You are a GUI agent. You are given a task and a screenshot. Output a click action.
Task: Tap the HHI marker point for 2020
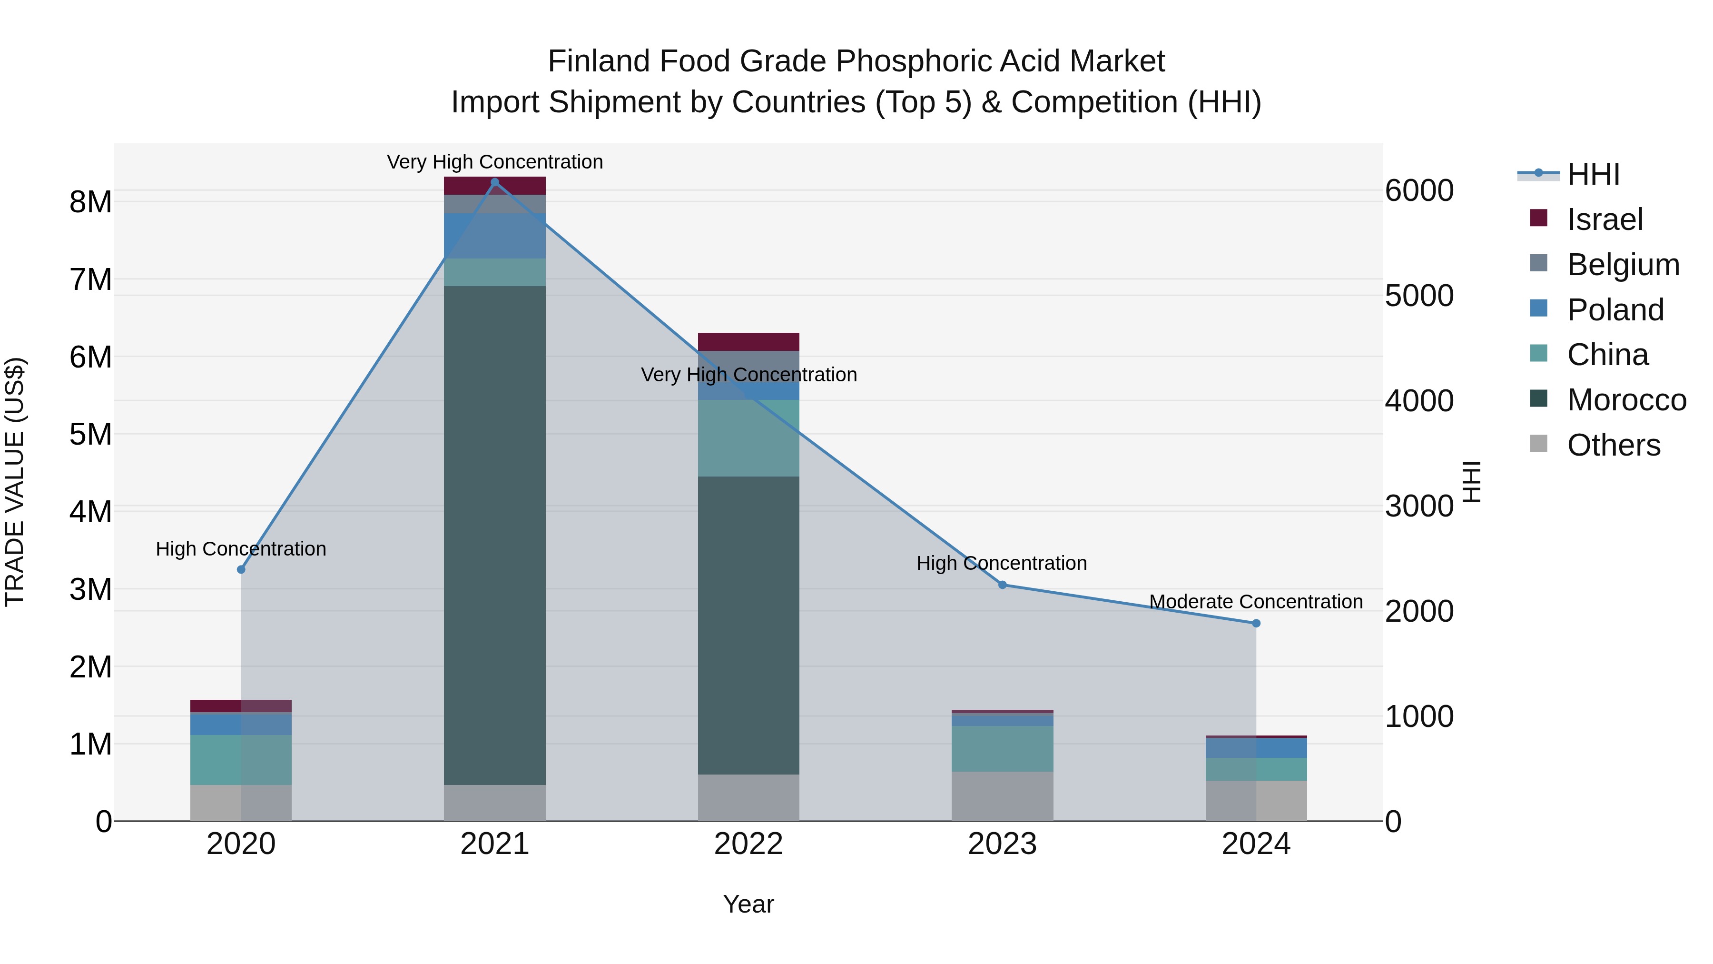coord(241,569)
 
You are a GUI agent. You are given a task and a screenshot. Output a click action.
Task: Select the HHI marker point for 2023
coord(1002,585)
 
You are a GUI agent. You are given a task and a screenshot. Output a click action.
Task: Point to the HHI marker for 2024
coord(1256,623)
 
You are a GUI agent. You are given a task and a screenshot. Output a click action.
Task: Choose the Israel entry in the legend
coord(1605,219)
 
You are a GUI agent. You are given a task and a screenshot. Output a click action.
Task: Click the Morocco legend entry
coord(1626,400)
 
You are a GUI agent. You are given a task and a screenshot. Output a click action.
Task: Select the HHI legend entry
coord(1593,174)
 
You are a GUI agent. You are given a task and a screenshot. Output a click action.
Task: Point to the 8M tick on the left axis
coord(90,201)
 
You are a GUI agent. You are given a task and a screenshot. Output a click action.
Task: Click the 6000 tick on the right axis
coord(1419,190)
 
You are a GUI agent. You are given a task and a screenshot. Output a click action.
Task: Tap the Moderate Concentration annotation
coord(1256,601)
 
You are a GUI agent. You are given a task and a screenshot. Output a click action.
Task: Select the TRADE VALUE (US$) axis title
coord(15,482)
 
